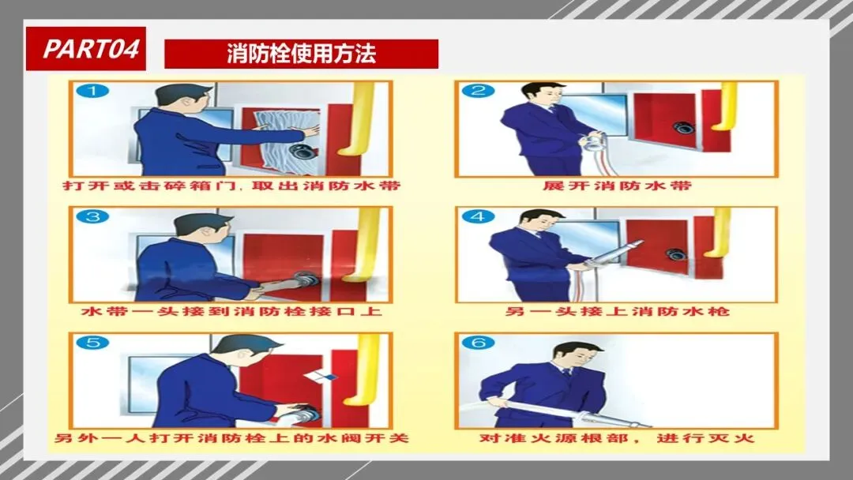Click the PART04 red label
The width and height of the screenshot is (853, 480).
(86, 48)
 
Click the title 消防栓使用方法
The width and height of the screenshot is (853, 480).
(302, 54)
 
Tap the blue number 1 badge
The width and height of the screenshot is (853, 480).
(92, 91)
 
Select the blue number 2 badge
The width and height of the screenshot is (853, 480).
(478, 90)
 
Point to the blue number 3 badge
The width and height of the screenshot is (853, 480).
(92, 216)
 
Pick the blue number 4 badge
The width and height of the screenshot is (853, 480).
(478, 216)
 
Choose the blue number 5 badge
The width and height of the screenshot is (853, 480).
(92, 343)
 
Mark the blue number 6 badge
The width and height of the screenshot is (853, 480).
(478, 343)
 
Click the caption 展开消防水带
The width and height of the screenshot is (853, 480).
(617, 186)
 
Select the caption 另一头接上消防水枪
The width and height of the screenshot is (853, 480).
(617, 312)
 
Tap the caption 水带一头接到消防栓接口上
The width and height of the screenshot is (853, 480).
(231, 312)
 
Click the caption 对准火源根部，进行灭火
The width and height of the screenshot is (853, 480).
(617, 438)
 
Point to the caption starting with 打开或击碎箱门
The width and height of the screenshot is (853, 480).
(231, 186)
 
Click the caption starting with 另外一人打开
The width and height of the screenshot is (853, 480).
(231, 438)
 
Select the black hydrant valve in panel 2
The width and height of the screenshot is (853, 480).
(683, 129)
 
